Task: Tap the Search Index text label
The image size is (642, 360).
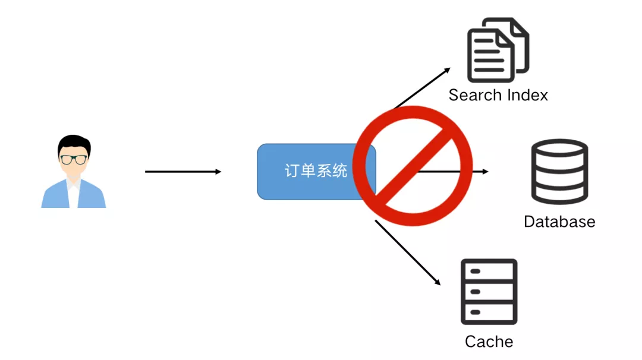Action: (x=498, y=95)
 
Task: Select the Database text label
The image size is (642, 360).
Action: (x=559, y=222)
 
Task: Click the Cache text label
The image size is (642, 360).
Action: (x=489, y=342)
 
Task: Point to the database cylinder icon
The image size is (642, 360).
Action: (x=559, y=172)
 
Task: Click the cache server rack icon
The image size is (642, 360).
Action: (x=489, y=291)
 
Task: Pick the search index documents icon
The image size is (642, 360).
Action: (x=498, y=50)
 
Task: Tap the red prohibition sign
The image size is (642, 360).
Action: (x=412, y=166)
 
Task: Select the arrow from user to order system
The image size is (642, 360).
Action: (x=183, y=172)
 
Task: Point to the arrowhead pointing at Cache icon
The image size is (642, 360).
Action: (x=438, y=282)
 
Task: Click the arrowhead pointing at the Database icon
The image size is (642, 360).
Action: (x=485, y=172)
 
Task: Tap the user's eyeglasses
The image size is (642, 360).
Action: (x=73, y=159)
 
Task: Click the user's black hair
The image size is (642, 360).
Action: (x=75, y=143)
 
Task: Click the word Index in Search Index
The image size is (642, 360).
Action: (x=527, y=95)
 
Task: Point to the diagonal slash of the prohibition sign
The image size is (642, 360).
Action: (x=413, y=166)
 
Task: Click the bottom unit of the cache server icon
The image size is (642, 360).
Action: (x=489, y=312)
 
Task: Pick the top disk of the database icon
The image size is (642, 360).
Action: (x=559, y=149)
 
